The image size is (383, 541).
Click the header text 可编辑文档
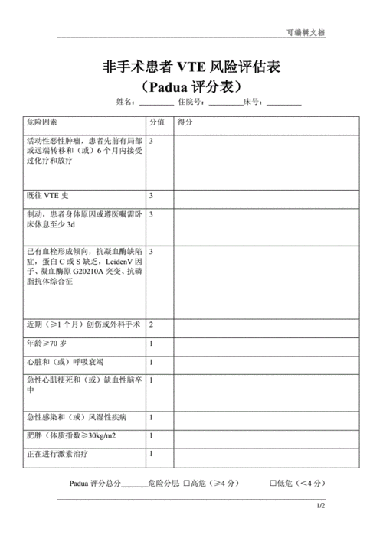pyautogui.click(x=305, y=33)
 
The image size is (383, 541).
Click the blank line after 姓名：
pyautogui.click(x=156, y=103)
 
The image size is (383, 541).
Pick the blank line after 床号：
pyautogui.click(x=284, y=103)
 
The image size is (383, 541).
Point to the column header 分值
pyautogui.click(x=156, y=122)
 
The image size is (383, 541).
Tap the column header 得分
pyautogui.click(x=185, y=122)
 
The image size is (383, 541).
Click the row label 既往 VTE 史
pyautogui.click(x=47, y=196)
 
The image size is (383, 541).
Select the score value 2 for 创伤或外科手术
pyautogui.click(x=151, y=324)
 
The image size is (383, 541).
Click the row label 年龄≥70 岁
pyautogui.click(x=46, y=344)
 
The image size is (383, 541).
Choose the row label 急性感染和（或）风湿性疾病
pyautogui.click(x=77, y=418)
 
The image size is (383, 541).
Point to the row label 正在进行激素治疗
pyautogui.click(x=61, y=455)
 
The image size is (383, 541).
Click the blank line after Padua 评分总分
pyautogui.click(x=135, y=484)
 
